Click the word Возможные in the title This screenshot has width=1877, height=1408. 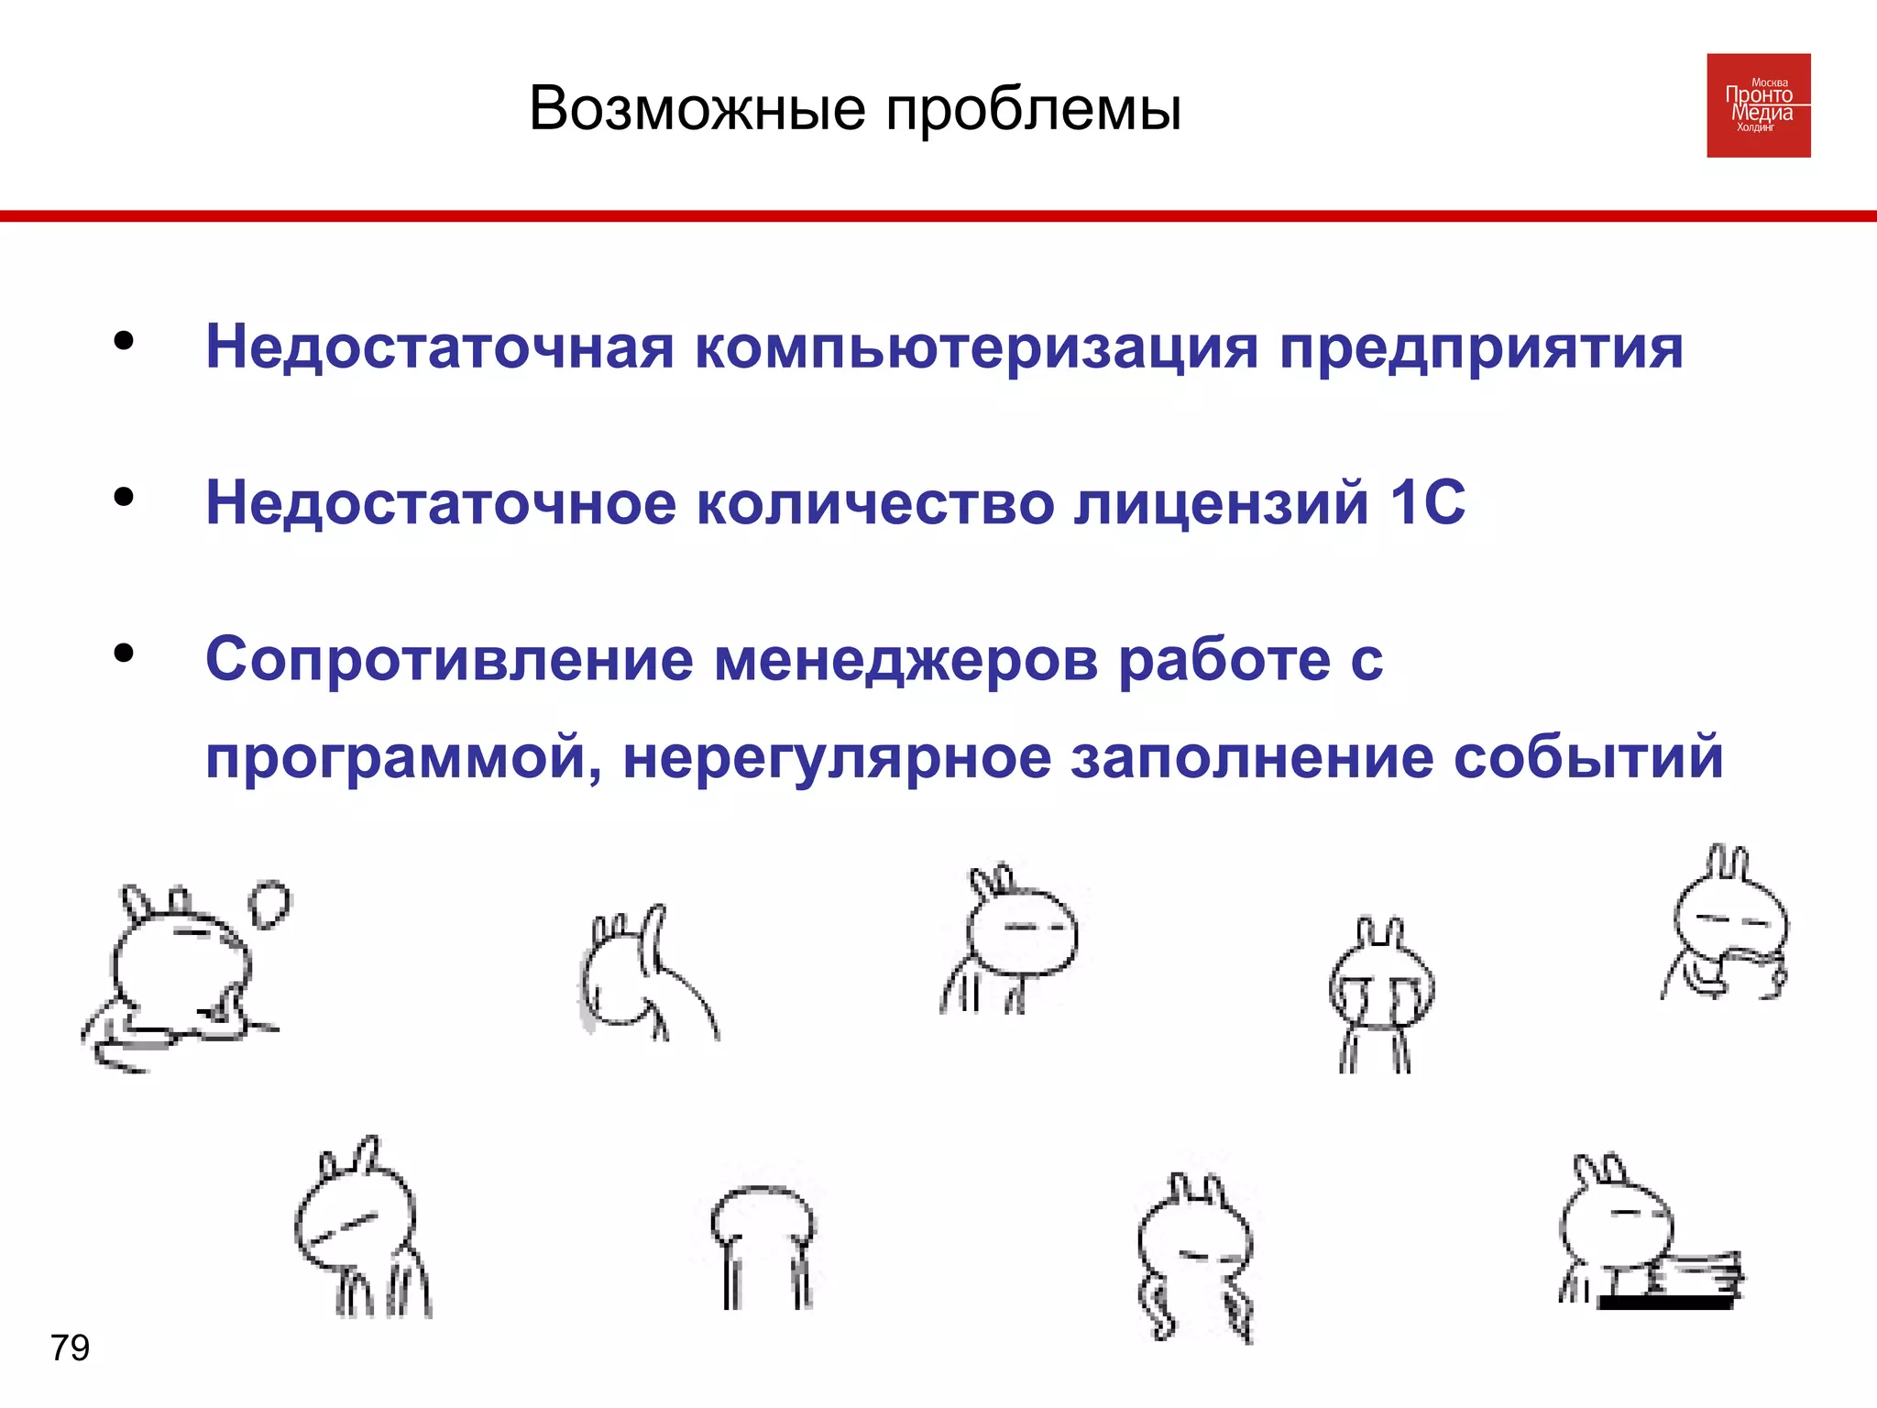click(697, 109)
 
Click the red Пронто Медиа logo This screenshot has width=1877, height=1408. click(1758, 105)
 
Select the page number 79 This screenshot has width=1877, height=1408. click(70, 1347)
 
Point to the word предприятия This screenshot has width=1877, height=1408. click(1481, 349)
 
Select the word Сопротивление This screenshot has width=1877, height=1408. click(449, 660)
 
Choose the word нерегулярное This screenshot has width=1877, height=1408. click(836, 760)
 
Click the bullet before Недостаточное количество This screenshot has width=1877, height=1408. click(124, 497)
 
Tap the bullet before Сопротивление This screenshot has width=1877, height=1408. click(124, 653)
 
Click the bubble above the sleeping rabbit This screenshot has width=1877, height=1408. click(269, 904)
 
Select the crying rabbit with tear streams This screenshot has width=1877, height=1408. click(1380, 995)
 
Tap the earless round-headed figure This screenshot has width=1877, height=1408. click(763, 1242)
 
